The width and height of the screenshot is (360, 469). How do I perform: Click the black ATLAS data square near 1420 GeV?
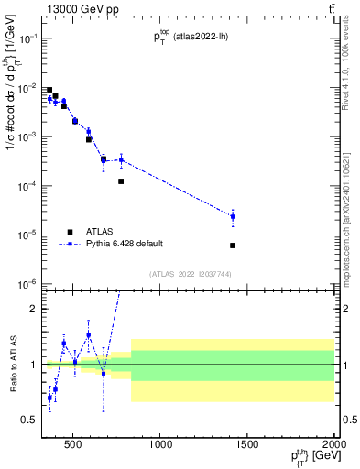click(x=233, y=245)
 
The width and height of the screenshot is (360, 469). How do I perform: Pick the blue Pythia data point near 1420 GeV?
click(x=233, y=217)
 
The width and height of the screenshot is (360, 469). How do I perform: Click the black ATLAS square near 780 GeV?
click(x=121, y=181)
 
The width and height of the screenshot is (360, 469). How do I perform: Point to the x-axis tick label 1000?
click(x=161, y=445)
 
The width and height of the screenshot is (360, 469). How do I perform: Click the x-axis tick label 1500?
click(x=248, y=445)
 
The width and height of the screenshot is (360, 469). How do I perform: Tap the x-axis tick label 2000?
click(x=333, y=445)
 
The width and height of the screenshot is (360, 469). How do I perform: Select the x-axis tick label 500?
click(x=74, y=445)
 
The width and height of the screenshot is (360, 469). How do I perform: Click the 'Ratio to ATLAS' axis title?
click(x=12, y=365)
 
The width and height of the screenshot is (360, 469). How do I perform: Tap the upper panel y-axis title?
click(x=12, y=119)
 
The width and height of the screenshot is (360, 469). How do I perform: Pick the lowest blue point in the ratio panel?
click(x=49, y=398)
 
